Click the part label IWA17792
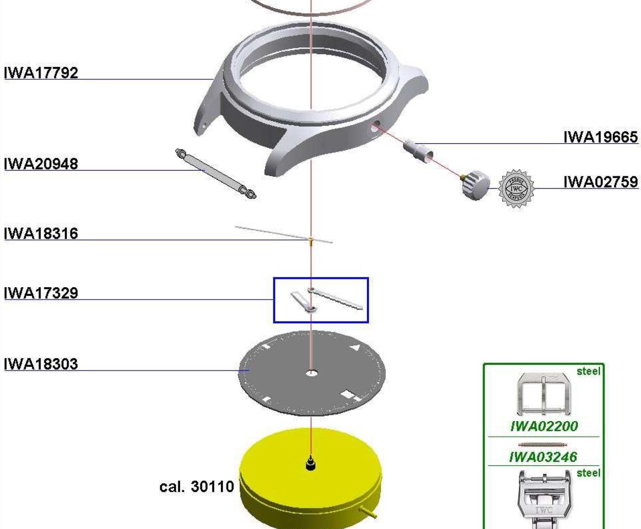[x=41, y=73]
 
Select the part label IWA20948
[x=41, y=164]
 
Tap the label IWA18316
[x=41, y=234]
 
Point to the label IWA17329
[x=41, y=293]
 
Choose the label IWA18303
[x=41, y=364]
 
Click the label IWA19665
[x=601, y=137]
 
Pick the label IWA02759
[x=601, y=182]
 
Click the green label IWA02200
[x=544, y=426]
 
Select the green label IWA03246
[x=543, y=457]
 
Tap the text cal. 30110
[x=197, y=486]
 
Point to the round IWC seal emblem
[x=516, y=188]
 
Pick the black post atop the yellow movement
[x=310, y=464]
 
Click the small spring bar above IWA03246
[x=543, y=445]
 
